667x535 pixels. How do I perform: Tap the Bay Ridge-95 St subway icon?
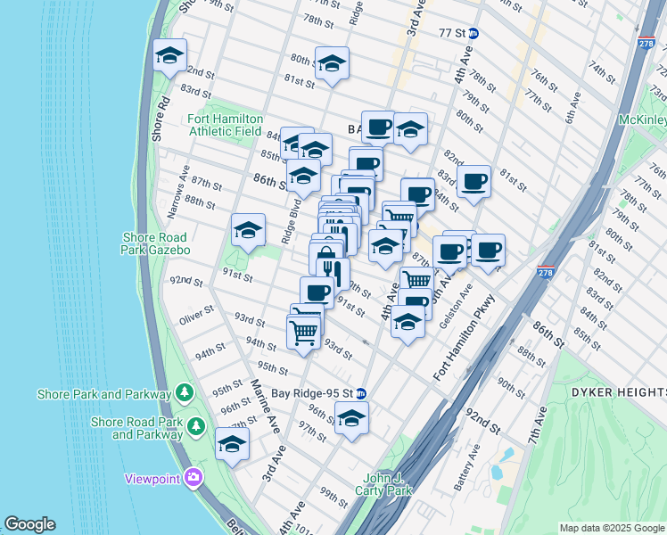tap(361, 393)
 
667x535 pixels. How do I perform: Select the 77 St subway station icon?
tap(474, 34)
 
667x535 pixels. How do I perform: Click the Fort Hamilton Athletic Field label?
tap(224, 125)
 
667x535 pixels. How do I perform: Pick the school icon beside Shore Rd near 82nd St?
tap(169, 57)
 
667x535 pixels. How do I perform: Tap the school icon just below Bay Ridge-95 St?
tap(351, 418)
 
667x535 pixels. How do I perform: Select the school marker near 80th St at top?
tap(332, 64)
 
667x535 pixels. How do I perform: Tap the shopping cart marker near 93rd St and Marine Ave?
tap(304, 333)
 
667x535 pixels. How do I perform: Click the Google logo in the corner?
tap(30, 524)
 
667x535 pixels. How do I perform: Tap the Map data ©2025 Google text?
tap(611, 528)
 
